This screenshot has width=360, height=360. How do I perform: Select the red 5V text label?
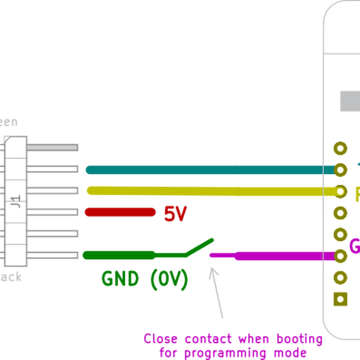(176, 214)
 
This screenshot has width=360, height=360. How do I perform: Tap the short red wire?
(120, 212)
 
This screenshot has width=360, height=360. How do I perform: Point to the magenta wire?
(282, 256)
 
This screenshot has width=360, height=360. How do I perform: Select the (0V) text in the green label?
(169, 279)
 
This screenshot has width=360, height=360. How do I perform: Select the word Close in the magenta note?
(161, 339)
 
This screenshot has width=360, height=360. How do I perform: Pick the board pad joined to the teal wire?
(341, 170)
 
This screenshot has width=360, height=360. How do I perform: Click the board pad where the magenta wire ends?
(341, 256)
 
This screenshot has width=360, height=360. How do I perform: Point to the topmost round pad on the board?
(341, 148)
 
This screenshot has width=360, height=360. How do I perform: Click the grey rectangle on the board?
(350, 101)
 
